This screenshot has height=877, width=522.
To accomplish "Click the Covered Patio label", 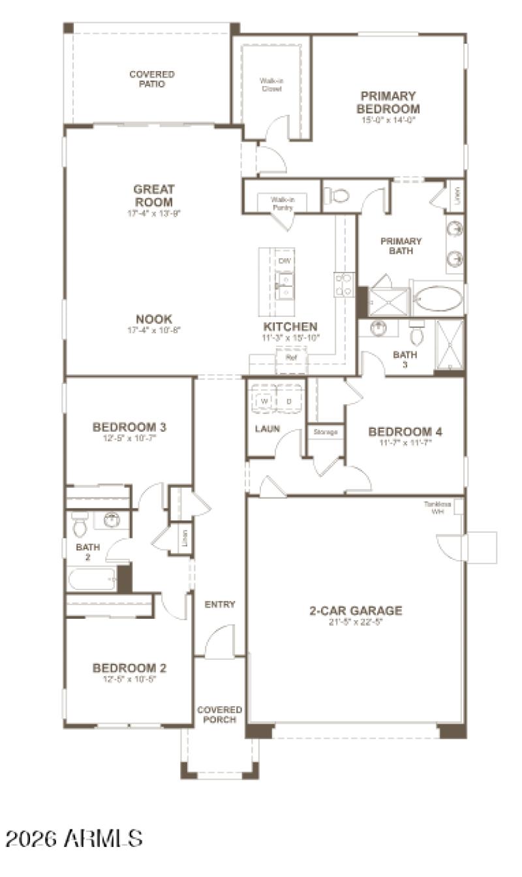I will (x=151, y=79).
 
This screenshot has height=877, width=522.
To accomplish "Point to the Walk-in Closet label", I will (x=271, y=85).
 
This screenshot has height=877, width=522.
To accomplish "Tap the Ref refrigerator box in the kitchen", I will (x=291, y=358).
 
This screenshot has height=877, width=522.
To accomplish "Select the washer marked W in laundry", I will (x=264, y=402).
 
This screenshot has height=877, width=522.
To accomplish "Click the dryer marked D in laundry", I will (x=289, y=402).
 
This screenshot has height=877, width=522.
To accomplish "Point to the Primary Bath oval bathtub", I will (x=438, y=300).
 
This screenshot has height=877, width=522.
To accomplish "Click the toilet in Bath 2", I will (x=80, y=522).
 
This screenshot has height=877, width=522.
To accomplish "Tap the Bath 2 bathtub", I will (x=92, y=578).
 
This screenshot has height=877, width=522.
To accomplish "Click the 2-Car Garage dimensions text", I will (x=355, y=622).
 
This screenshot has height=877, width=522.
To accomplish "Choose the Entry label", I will (x=219, y=604).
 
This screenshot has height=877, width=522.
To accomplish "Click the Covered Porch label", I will (x=220, y=714).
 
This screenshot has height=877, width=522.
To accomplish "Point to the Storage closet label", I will (x=326, y=432).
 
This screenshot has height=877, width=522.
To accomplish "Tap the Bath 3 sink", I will (x=379, y=328).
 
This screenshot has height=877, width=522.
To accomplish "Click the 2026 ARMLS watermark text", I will (x=74, y=839).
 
